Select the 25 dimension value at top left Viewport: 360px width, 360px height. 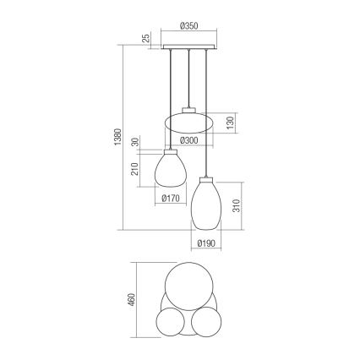coord(146,38)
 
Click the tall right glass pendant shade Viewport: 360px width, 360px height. coord(205,204)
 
